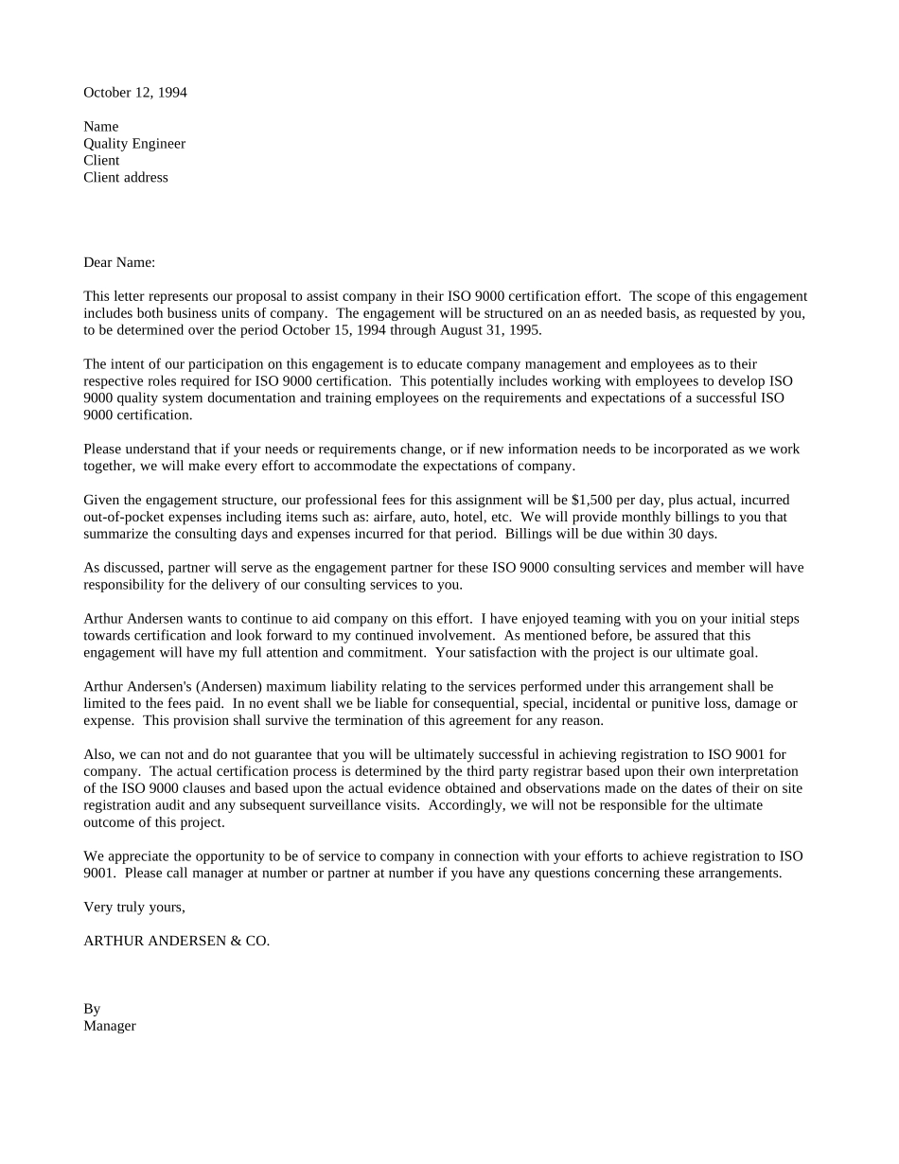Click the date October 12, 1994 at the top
[135, 93]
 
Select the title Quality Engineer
[134, 144]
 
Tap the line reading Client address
[126, 178]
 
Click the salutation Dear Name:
[119, 262]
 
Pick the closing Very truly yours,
[134, 908]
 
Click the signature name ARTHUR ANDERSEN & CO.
[177, 941]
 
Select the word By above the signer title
[92, 1009]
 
